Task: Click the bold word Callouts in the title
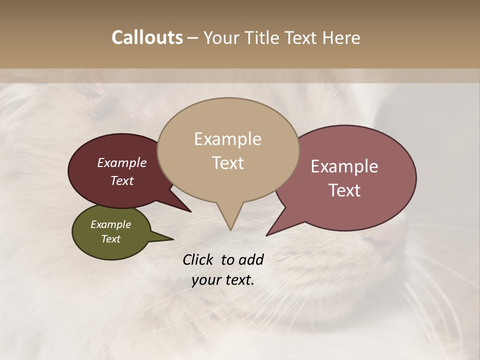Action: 147,37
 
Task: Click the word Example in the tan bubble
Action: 227,139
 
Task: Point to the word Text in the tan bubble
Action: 228,163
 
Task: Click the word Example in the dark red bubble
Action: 121,162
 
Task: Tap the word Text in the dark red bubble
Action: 121,180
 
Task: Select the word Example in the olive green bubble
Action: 110,224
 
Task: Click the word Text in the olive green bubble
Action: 110,239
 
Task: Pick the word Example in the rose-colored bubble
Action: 344,166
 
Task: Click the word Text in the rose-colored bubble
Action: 344,190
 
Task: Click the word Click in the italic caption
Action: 199,259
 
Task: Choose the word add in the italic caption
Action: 251,259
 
